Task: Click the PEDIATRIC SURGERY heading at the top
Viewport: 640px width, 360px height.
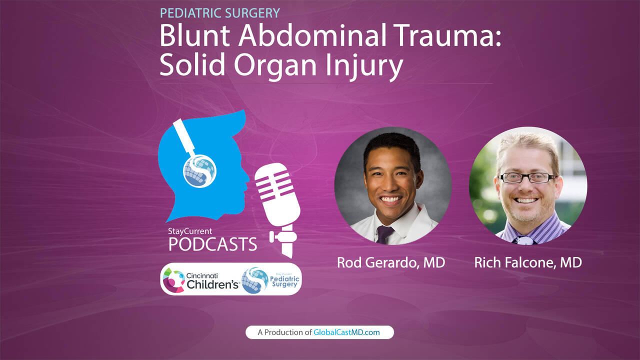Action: click(x=220, y=13)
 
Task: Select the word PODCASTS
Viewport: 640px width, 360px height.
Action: click(x=212, y=244)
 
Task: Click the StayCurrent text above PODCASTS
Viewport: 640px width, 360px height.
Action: click(x=190, y=231)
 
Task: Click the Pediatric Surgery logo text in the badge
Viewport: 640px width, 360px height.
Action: click(x=285, y=280)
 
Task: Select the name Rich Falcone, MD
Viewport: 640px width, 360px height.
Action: click(x=528, y=262)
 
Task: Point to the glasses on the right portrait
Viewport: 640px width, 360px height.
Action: click(x=527, y=177)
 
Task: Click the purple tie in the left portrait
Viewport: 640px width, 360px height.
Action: click(x=384, y=234)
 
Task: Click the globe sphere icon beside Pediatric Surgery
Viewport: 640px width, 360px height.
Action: click(x=254, y=280)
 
